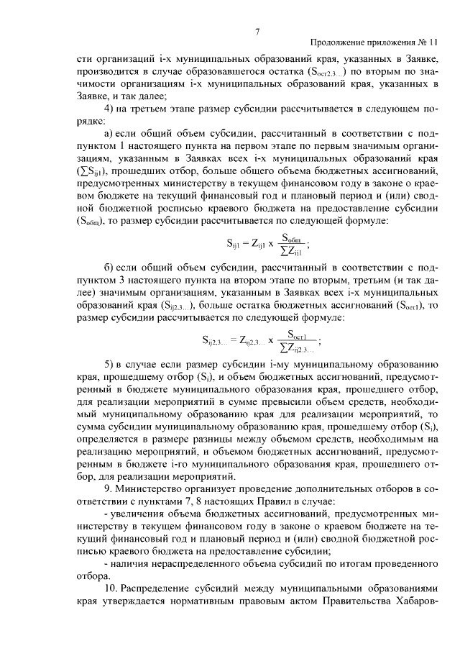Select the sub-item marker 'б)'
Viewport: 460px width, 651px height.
click(x=110, y=268)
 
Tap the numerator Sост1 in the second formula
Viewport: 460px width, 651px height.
click(x=298, y=333)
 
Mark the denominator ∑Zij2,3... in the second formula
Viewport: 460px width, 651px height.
click(x=298, y=347)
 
